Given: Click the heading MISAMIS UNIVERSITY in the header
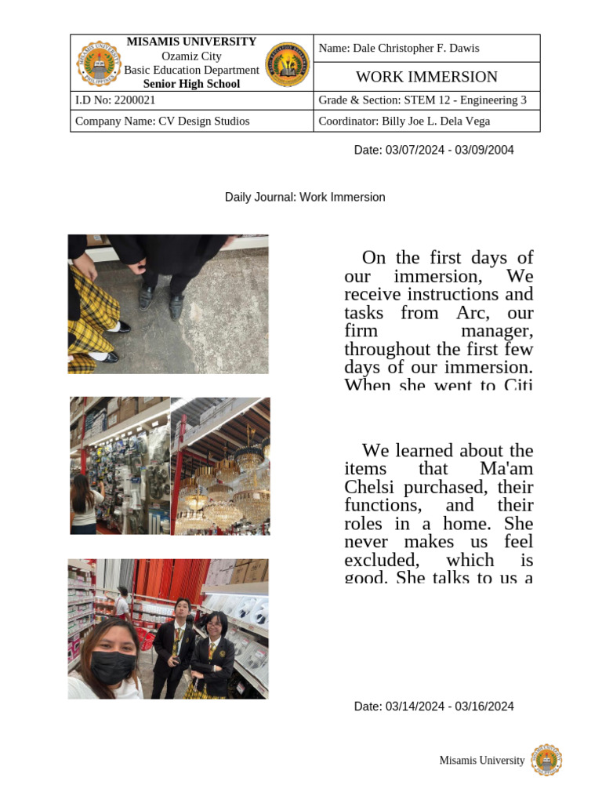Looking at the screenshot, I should point(191,42).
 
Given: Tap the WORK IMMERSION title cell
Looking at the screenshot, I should point(426,77).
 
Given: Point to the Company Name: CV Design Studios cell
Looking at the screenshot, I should point(162,122).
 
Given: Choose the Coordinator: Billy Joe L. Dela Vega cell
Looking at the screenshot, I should point(404,122).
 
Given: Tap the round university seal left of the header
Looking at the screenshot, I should point(99,64).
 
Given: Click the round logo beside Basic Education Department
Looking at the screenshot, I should point(288,64).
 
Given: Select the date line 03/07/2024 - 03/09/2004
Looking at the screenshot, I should point(433,150).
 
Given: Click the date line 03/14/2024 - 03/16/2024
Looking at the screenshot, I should point(433,707).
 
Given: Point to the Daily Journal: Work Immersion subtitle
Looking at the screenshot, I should point(305,198).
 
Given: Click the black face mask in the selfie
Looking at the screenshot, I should point(112,667).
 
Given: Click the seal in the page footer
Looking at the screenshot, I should point(546,760).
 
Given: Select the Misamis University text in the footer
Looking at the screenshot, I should point(481,761).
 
